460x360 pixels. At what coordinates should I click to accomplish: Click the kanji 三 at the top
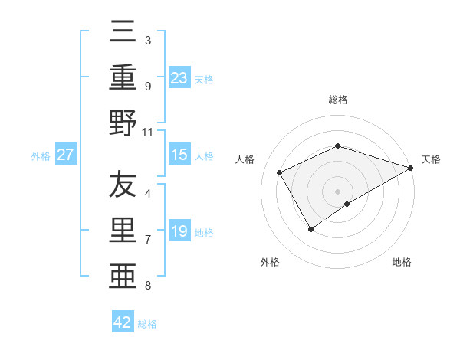point(123,33)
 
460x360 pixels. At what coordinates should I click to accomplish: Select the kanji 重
point(123,77)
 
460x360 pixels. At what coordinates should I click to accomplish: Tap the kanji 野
point(123,124)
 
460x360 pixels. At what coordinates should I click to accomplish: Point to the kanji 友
point(123,185)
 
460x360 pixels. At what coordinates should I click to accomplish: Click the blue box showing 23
point(179,77)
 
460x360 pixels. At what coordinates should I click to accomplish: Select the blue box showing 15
point(179,155)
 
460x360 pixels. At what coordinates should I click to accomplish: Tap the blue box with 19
point(179,231)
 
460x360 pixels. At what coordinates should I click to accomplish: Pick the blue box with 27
point(66,155)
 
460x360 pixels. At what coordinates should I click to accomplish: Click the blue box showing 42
point(123,322)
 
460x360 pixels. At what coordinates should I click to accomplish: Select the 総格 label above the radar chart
point(338,100)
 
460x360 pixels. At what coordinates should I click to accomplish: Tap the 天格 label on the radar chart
point(431,159)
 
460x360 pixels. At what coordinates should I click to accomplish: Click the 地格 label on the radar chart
point(402,262)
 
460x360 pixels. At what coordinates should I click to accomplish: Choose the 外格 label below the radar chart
point(271,262)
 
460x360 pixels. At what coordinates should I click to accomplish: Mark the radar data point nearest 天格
point(411,167)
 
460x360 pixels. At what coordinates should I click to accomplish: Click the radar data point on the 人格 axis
point(280,172)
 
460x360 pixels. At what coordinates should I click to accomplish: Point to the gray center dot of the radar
point(338,191)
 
